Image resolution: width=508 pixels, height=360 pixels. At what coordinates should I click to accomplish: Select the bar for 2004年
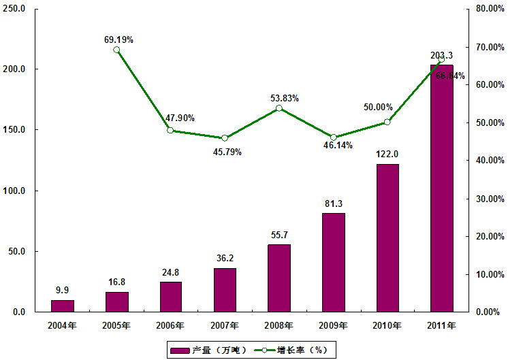(x=63, y=306)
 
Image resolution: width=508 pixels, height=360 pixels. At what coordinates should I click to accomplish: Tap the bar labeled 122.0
(x=387, y=238)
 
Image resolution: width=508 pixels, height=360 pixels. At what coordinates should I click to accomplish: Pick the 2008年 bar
(x=279, y=278)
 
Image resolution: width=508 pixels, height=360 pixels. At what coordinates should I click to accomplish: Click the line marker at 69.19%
(x=116, y=50)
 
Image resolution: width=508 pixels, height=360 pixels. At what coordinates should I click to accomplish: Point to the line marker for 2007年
(x=225, y=138)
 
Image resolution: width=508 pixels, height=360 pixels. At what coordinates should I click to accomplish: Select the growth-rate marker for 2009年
(x=333, y=137)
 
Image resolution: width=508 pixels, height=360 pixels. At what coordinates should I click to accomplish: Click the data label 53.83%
(x=285, y=99)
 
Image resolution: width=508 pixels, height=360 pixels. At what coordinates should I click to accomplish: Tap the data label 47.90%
(x=180, y=118)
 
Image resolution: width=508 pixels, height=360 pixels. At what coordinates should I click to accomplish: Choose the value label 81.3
(x=333, y=203)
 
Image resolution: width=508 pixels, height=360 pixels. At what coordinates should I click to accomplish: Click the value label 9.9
(x=63, y=290)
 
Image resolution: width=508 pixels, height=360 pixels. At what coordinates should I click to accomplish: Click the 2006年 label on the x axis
(x=171, y=325)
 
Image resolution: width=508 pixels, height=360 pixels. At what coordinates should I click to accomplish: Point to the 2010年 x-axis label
(x=387, y=325)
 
